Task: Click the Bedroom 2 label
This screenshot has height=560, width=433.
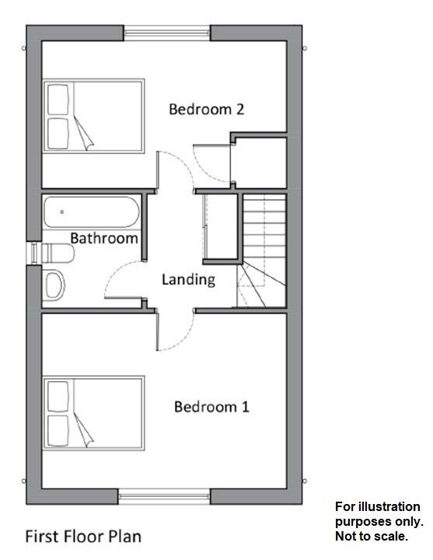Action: [207, 109]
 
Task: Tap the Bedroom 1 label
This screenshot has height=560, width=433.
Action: [211, 407]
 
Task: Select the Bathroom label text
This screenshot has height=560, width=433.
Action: [104, 238]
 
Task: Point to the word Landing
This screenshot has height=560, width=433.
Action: [188, 279]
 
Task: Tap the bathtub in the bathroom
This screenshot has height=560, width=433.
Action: [92, 212]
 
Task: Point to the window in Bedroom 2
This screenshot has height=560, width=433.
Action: [167, 33]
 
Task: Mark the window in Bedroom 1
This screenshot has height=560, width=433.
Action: [164, 495]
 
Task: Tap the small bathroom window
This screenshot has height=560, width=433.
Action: [34, 254]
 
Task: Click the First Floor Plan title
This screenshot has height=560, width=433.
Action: [84, 536]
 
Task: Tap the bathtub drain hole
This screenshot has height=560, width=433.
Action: [62, 211]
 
